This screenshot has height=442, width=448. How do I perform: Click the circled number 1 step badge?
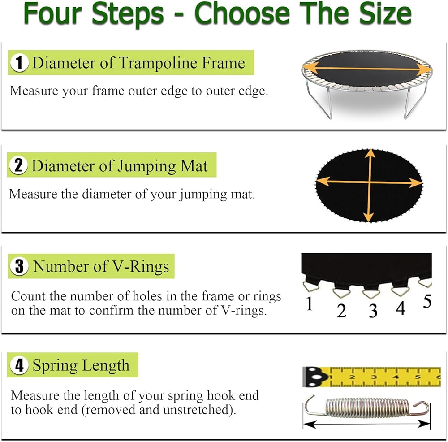19,63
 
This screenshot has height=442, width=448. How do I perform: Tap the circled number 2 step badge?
18,165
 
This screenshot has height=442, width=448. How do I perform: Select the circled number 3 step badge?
19,266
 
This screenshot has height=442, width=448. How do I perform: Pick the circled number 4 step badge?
19,365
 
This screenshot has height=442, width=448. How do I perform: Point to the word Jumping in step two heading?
147,167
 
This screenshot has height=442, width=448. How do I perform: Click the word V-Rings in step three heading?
141,266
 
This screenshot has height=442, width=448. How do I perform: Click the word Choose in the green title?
242,13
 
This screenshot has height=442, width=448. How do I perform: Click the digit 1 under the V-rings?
309,303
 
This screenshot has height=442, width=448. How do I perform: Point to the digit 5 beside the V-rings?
427,301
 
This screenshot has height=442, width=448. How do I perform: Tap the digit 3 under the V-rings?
373,311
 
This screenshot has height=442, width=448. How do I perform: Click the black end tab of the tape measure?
314,377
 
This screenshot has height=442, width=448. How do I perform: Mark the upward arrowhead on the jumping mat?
370,153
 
